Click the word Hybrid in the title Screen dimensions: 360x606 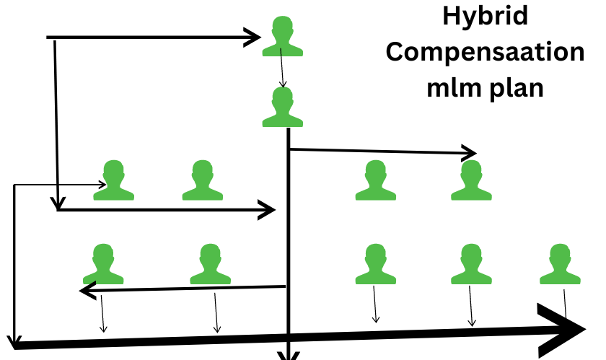484,16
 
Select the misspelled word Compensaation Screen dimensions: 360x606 485,53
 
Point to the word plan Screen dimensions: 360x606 515,89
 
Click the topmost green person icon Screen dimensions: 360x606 282,37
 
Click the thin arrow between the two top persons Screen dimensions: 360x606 282,72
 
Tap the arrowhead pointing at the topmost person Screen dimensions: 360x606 253,37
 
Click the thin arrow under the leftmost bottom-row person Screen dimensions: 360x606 102,315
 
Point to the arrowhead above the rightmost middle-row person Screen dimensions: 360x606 470,152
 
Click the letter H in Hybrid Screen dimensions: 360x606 449,16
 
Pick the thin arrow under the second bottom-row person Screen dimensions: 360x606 216,313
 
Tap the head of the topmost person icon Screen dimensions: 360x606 282,29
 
